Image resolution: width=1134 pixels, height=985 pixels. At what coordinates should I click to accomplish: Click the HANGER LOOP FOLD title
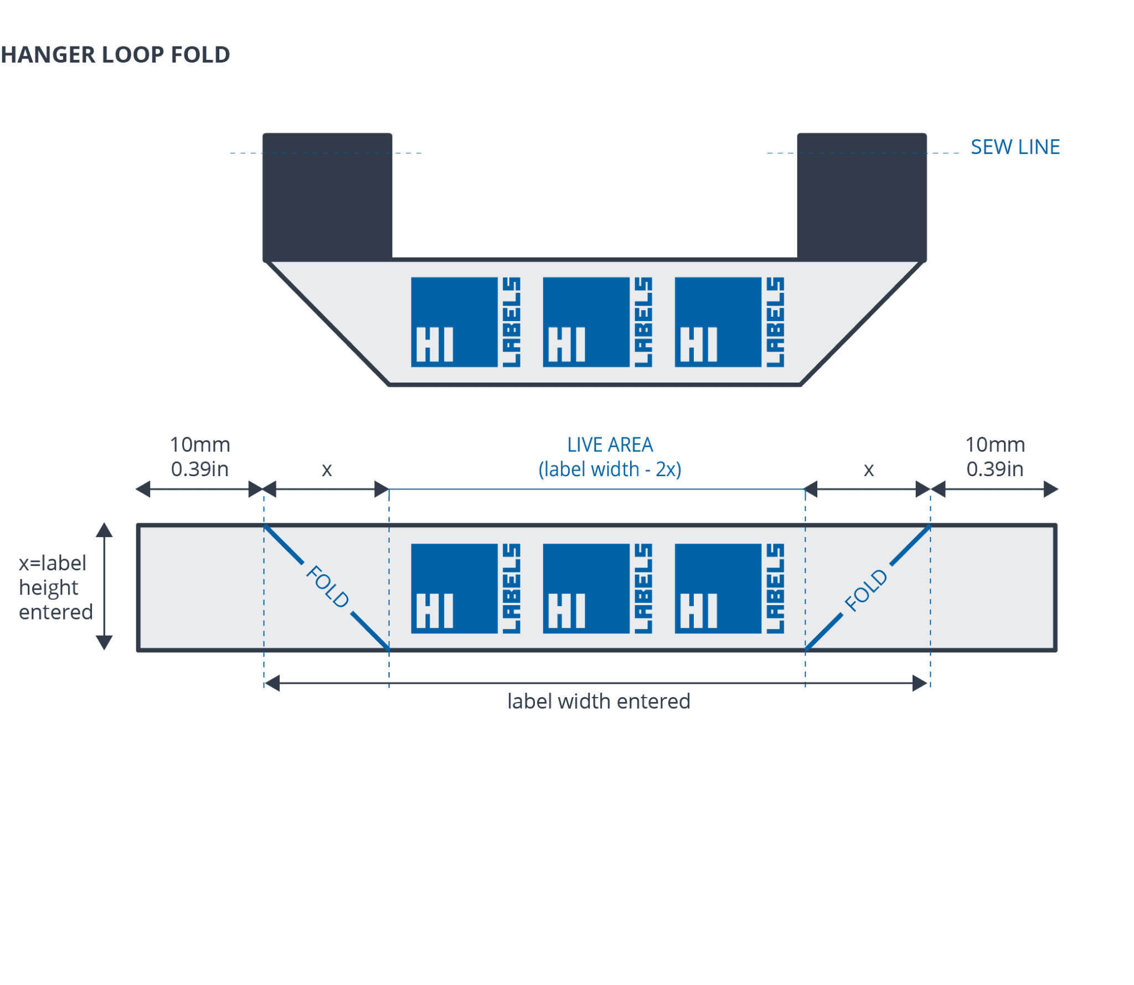pos(115,55)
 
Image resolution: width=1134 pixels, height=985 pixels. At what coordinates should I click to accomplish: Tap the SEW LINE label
pos(1015,147)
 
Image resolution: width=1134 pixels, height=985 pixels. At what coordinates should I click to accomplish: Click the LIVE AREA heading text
pos(610,445)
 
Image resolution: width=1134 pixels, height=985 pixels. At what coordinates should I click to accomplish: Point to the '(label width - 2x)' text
pos(610,470)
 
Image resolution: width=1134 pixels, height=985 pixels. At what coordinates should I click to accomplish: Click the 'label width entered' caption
pos(599,702)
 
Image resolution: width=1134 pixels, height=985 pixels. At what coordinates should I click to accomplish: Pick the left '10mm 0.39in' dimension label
pos(199,457)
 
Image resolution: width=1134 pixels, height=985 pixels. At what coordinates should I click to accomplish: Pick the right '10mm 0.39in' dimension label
pos(995,457)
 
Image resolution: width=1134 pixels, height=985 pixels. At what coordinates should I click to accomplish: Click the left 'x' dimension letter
pos(327,470)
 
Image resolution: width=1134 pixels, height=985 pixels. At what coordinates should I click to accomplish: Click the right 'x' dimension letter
pos(869,470)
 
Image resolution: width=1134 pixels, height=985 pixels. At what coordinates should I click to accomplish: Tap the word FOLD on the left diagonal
pos(327,586)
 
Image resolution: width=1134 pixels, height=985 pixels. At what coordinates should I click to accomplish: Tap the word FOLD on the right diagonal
pos(866,591)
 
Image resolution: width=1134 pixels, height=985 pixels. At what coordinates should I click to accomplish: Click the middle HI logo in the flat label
pos(597,589)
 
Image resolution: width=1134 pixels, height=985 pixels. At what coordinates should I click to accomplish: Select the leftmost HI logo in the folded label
pos(465,322)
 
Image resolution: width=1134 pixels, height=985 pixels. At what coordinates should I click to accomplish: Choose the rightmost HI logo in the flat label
pos(729,589)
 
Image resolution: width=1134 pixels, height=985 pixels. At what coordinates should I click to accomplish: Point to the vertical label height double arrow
pos(104,586)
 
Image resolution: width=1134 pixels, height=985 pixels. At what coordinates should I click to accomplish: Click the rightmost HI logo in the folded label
pos(729,322)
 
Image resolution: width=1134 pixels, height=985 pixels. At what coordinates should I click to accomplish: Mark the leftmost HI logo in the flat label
pos(465,589)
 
